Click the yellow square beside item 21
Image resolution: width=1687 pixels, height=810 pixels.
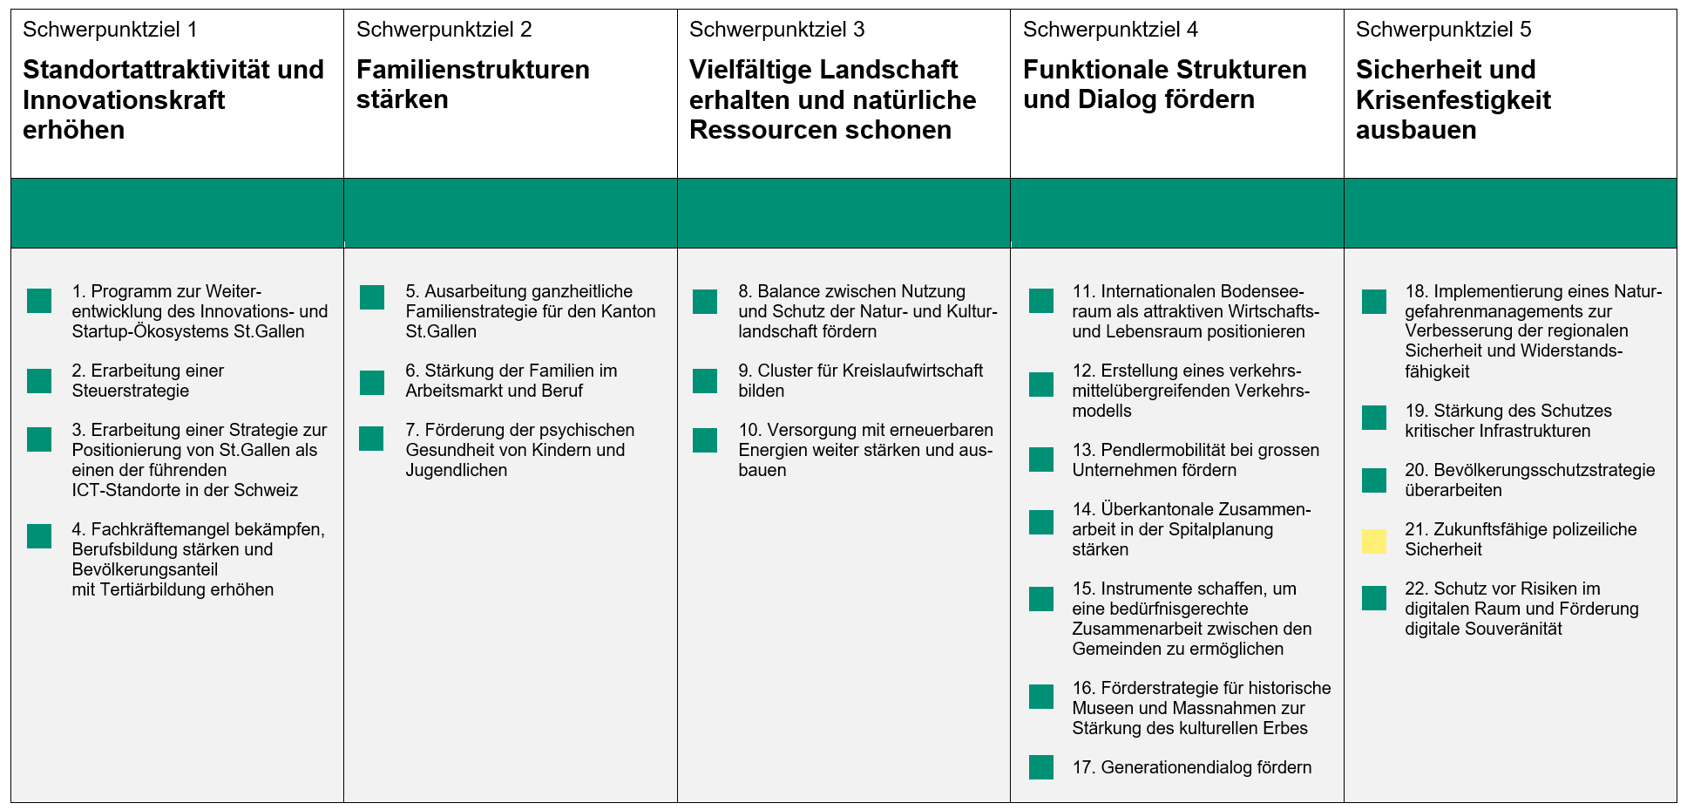coord(1374,541)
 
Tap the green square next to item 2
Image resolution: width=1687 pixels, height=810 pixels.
coord(39,381)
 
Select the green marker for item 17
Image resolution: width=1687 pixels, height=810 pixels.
coord(1041,767)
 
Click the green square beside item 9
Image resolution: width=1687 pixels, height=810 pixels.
coord(705,381)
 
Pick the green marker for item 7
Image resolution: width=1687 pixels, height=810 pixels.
coord(372,439)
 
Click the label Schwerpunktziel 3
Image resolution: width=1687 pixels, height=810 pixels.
coord(776,30)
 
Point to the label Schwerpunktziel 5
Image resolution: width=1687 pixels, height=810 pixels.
coord(1443,30)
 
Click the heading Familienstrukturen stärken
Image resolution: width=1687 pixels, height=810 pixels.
coord(473,85)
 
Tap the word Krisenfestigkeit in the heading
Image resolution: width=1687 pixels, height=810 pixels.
coord(1453,99)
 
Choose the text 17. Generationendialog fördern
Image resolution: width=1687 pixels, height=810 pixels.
coord(1191,767)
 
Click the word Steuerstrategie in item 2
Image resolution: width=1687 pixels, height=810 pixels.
coord(131,391)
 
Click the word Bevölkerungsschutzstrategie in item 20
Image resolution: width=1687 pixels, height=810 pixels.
coord(1544,470)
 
